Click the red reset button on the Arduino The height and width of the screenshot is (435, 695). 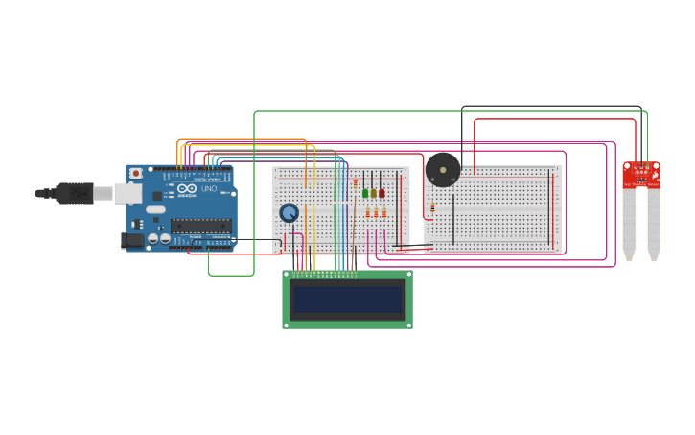[x=136, y=173]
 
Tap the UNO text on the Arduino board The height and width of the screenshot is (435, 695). [x=209, y=188]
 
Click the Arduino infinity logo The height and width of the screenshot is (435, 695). [x=187, y=188]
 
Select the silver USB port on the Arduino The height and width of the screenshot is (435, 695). [x=127, y=194]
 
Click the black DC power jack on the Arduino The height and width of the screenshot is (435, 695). [x=132, y=240]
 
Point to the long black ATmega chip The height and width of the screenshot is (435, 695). [x=200, y=226]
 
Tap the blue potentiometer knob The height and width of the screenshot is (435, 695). [x=289, y=212]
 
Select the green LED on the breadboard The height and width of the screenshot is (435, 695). [x=365, y=193]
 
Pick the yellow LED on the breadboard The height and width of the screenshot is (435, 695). [x=373, y=193]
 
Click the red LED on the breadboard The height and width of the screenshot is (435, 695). [x=382, y=193]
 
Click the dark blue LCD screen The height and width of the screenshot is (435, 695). [x=347, y=300]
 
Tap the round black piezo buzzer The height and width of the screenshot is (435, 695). [x=443, y=170]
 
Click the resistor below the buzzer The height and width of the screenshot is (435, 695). [x=432, y=207]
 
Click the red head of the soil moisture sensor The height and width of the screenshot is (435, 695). [x=641, y=174]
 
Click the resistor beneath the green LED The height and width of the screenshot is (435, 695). [x=367, y=213]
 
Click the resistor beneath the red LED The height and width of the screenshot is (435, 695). [x=383, y=213]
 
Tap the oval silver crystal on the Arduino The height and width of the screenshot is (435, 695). [x=155, y=209]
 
